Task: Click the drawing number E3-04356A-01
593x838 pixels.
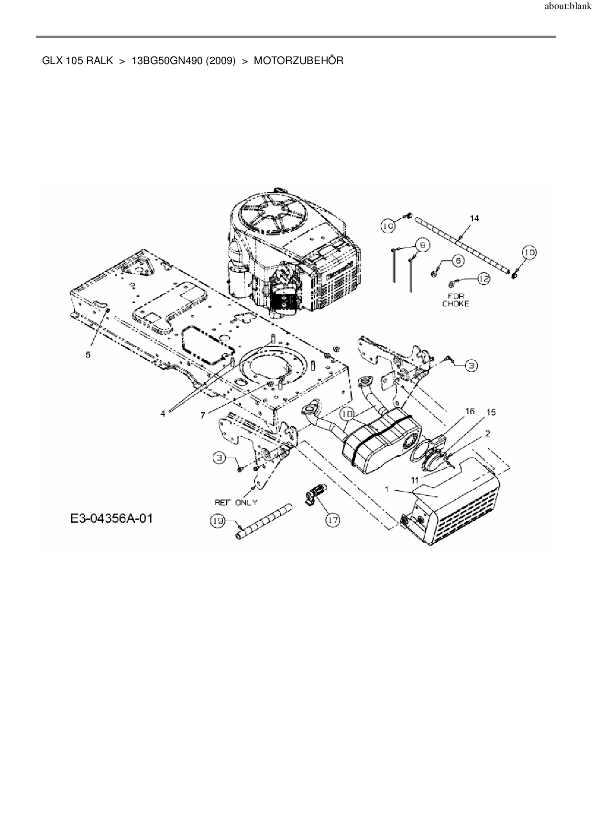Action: pyautogui.click(x=112, y=518)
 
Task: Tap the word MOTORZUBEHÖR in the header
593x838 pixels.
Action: pyautogui.click(x=298, y=61)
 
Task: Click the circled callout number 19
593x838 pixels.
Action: pyautogui.click(x=218, y=521)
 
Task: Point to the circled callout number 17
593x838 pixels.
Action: pyautogui.click(x=333, y=520)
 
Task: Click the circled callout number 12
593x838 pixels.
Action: pyautogui.click(x=484, y=279)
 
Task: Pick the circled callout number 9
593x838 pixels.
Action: pyautogui.click(x=423, y=245)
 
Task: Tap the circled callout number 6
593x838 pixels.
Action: pyautogui.click(x=458, y=261)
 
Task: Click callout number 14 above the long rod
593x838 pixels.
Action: pyautogui.click(x=474, y=218)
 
